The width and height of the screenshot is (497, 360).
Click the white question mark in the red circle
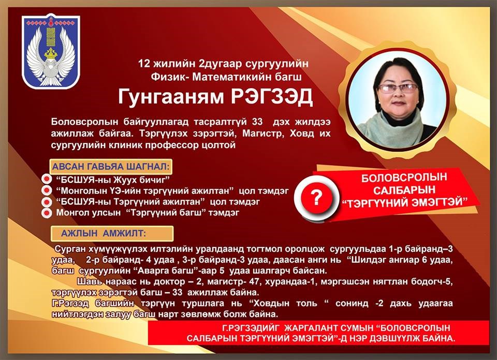point(316,198)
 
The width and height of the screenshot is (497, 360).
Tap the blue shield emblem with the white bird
point(51,51)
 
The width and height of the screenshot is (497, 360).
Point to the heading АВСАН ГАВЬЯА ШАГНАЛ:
point(111,166)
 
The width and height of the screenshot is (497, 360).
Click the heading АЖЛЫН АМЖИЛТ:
point(104,234)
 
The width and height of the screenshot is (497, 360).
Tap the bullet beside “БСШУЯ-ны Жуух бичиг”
point(47,179)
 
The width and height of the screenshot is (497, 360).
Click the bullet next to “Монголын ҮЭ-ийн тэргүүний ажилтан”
point(47,190)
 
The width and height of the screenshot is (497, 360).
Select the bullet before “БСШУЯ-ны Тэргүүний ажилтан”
point(47,201)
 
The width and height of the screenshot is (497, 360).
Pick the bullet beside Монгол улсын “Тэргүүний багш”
point(47,213)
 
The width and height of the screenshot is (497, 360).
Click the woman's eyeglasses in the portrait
point(398,88)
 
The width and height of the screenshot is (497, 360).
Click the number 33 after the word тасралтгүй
point(257,122)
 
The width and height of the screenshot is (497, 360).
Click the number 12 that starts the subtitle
point(143,64)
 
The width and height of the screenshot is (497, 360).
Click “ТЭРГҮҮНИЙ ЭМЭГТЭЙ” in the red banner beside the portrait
point(404,203)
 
